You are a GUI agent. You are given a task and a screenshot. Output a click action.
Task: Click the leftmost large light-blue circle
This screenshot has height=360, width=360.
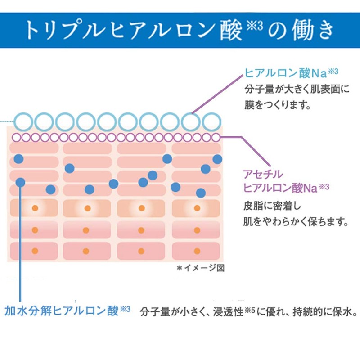click(23, 121)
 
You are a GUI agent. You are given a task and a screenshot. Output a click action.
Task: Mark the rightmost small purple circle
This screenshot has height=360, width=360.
click(216, 137)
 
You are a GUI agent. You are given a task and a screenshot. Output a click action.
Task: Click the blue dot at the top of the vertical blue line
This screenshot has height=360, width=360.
click(20, 182)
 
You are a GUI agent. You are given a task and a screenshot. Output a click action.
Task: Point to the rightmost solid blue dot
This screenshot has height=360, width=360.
click(217, 159)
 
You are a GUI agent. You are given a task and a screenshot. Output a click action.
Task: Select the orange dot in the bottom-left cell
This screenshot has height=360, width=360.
click(35, 251)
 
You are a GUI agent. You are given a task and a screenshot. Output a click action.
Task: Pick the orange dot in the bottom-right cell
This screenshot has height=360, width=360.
click(196, 251)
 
